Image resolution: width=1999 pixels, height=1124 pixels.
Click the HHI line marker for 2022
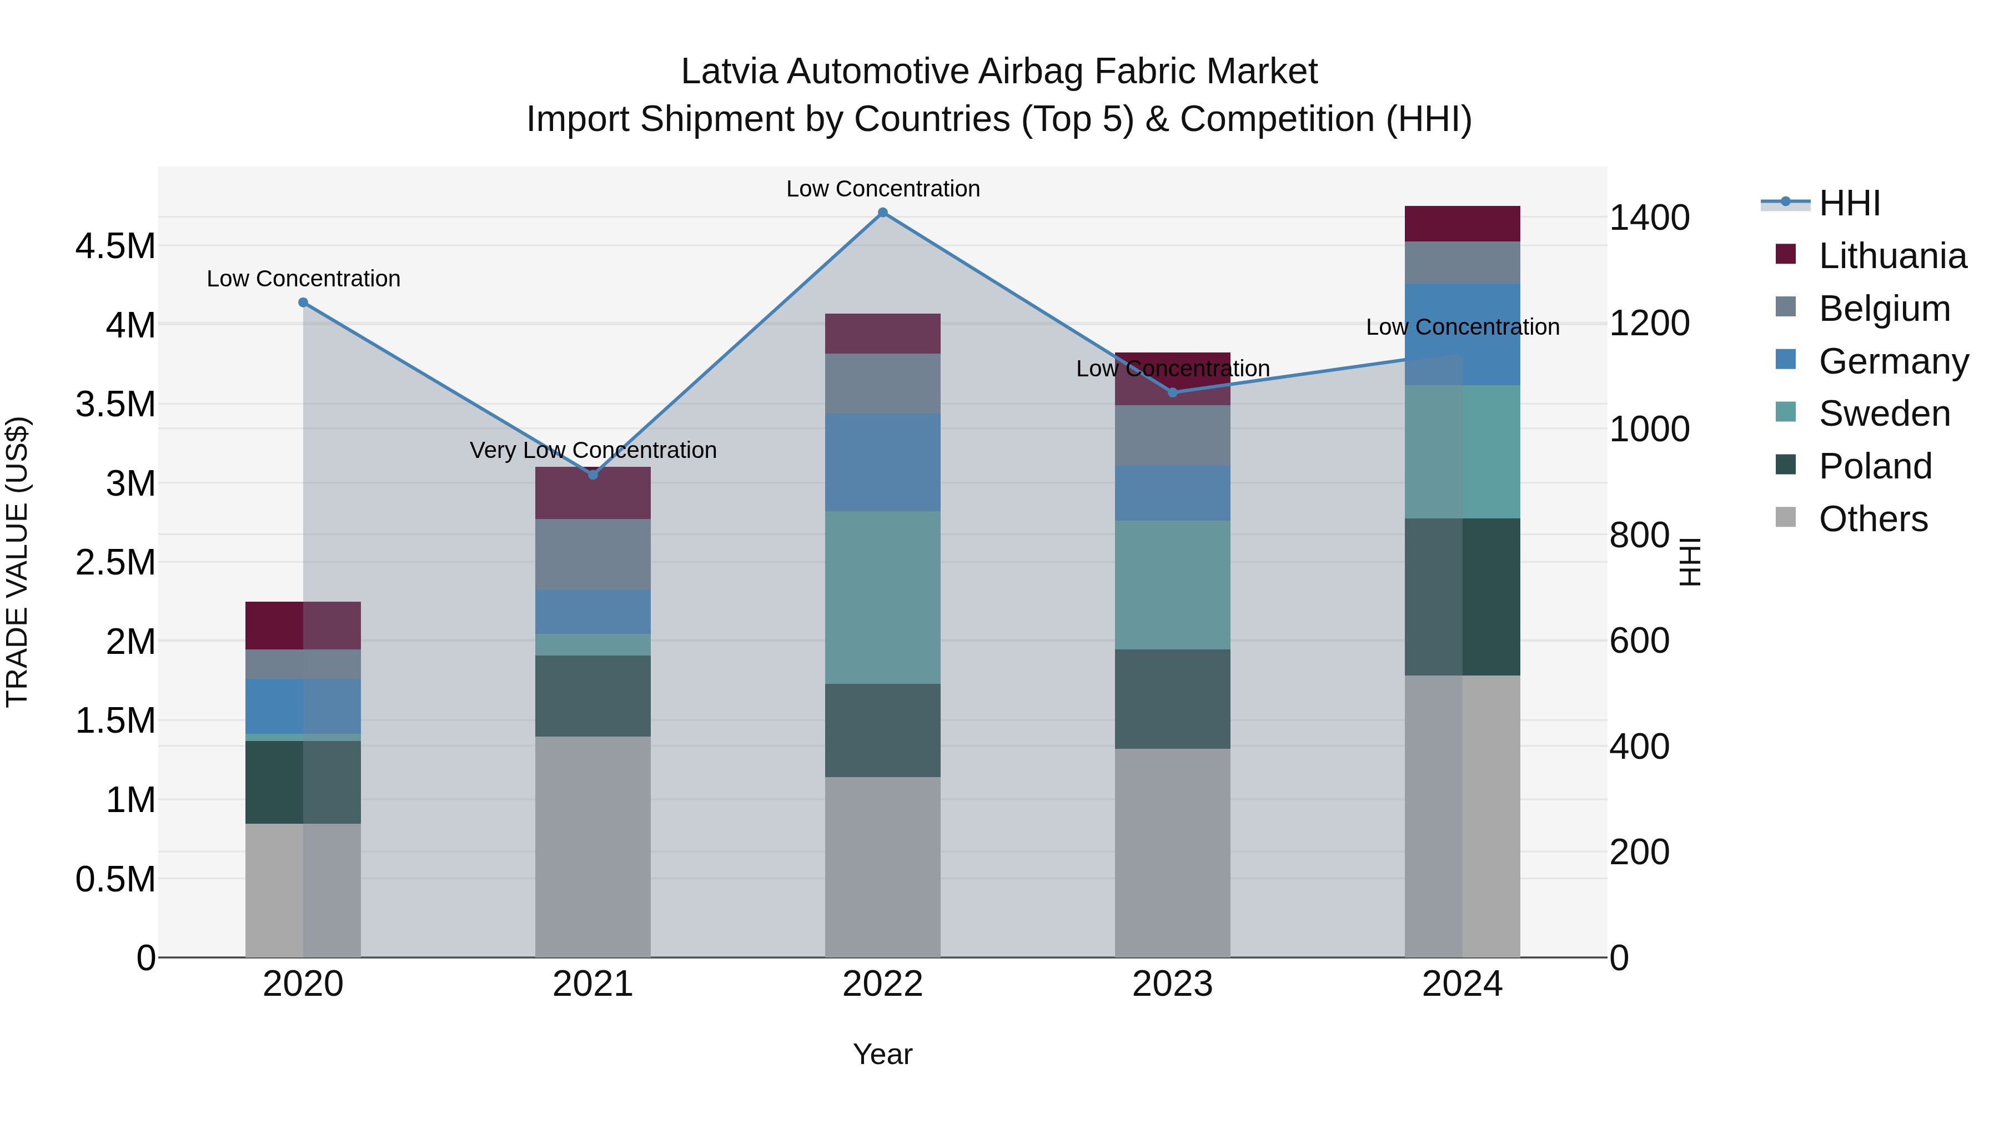click(x=882, y=213)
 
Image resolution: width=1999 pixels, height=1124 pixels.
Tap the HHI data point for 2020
click(x=303, y=303)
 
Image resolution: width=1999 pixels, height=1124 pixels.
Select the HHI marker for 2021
click(x=593, y=475)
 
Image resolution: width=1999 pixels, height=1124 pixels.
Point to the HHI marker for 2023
click(x=1173, y=392)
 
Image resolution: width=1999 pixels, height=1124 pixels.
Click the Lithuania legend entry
click(x=1892, y=256)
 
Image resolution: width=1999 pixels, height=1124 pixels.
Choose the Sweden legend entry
click(x=1884, y=414)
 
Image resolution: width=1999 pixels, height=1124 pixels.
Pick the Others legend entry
click(x=1872, y=519)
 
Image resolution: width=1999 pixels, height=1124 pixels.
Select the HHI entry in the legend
click(x=1849, y=203)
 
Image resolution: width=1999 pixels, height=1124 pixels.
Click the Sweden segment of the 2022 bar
click(x=882, y=597)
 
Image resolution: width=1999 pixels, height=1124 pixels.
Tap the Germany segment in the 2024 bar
click(x=1462, y=334)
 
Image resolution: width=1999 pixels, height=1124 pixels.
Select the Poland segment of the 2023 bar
click(x=1173, y=699)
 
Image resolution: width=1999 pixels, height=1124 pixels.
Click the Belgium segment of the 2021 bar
click(x=593, y=554)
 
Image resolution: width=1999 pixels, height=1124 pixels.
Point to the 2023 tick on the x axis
click(x=1173, y=984)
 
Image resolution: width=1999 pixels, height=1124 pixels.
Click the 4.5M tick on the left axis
click(x=115, y=246)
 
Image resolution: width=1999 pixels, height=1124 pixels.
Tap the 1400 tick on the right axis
click(x=1649, y=218)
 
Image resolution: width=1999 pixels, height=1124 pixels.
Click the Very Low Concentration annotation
click(x=593, y=450)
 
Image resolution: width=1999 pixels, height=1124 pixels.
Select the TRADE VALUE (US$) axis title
click(x=17, y=562)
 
